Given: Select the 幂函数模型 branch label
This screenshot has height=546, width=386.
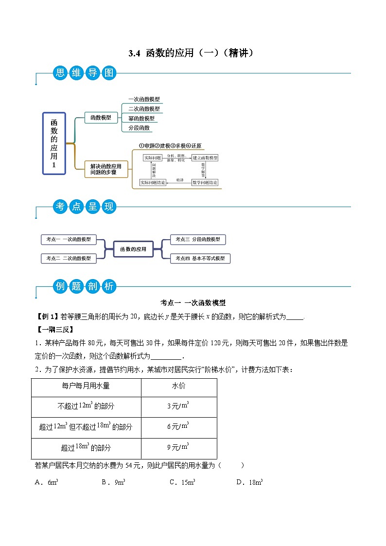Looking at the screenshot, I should [x=141, y=118].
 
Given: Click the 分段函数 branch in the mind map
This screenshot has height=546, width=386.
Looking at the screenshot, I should [x=139, y=128].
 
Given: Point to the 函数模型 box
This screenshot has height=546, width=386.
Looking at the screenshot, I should [x=101, y=117].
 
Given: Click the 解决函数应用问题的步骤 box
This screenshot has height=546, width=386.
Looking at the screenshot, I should [x=102, y=169].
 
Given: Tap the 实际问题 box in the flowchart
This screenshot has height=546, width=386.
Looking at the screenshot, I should [x=152, y=158].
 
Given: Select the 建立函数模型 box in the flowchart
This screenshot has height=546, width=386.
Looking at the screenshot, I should [x=205, y=158].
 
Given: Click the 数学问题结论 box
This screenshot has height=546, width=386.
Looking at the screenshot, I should [x=205, y=182].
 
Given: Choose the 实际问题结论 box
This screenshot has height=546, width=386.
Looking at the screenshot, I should [x=153, y=182].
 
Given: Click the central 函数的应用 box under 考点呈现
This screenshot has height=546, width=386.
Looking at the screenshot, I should [x=133, y=249].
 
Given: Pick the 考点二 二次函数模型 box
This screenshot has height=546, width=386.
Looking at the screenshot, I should [x=69, y=258].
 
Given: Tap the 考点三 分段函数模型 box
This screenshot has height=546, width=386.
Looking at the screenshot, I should [x=198, y=239].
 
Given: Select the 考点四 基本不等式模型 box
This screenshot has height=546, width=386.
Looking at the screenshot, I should [x=200, y=259].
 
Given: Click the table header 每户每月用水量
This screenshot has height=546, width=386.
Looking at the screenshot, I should [x=86, y=386].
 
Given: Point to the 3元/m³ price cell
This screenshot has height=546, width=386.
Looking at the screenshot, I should [x=178, y=405].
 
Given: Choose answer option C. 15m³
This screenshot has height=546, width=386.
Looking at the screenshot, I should [x=182, y=482].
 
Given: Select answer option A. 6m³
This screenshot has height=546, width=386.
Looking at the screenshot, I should [x=47, y=482].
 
